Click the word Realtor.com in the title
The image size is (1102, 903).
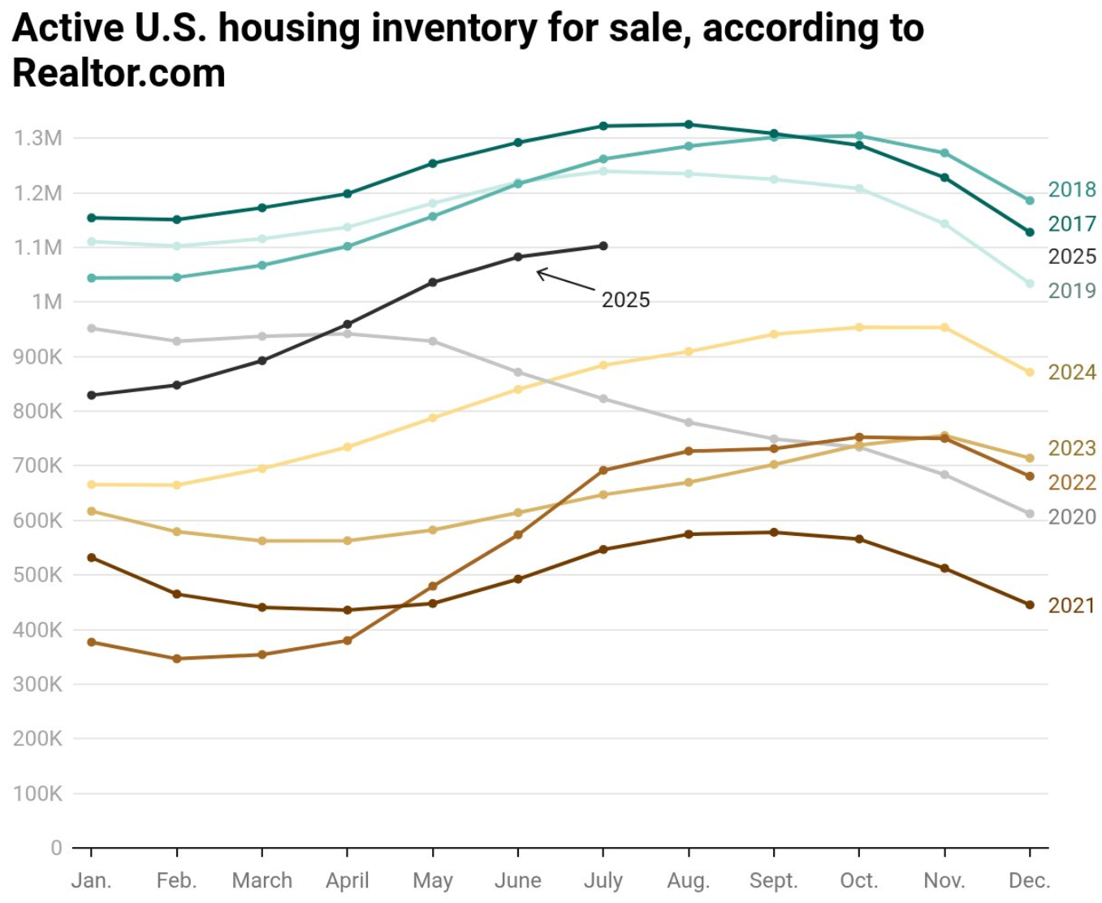[119, 74]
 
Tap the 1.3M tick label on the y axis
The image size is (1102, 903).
[37, 138]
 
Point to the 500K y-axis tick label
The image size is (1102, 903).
[37, 575]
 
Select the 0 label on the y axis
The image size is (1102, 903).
[56, 848]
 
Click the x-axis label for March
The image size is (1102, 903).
[261, 880]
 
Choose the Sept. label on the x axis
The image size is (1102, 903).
[773, 880]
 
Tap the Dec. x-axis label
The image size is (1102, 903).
[1029, 880]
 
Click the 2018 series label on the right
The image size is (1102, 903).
[1071, 189]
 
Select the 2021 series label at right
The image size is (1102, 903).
[1071, 606]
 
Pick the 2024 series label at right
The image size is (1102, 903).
[1071, 372]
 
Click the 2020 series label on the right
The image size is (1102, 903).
[1071, 517]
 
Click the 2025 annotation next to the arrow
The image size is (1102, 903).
[625, 300]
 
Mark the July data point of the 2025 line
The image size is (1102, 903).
[603, 246]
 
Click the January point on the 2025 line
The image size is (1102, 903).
[92, 395]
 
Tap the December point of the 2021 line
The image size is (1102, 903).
[1030, 605]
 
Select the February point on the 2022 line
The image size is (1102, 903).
[177, 659]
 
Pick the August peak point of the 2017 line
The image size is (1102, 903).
[689, 124]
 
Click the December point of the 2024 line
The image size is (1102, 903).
[1030, 373]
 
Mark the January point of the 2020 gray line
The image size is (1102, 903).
[92, 328]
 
